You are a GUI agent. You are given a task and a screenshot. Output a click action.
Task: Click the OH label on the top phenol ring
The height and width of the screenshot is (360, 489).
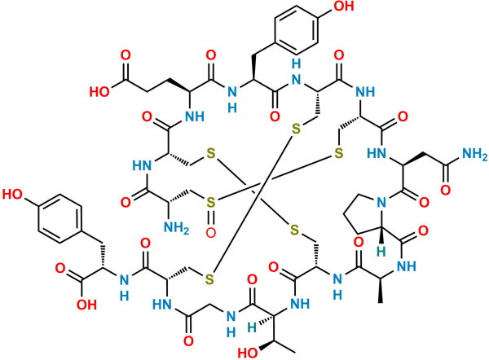tap(344, 6)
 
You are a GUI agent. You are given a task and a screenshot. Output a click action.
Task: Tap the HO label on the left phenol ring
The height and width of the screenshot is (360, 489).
tap(13, 194)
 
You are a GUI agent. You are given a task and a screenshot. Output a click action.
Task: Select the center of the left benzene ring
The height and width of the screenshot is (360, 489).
tap(60, 219)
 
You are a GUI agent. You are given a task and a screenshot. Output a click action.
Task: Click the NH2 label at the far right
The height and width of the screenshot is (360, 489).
tap(474, 154)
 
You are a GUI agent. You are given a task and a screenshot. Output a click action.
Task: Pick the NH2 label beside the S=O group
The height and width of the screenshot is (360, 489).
tap(177, 228)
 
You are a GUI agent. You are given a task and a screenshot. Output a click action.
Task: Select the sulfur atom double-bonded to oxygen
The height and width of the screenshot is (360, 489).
tap(211, 203)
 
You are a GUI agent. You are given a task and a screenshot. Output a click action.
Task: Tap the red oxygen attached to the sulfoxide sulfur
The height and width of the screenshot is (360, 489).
tap(211, 232)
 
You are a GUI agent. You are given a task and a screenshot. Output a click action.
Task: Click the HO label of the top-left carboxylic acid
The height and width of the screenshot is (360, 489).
tap(99, 92)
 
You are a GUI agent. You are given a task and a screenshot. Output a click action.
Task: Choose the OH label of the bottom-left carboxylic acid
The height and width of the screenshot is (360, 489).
tap(86, 305)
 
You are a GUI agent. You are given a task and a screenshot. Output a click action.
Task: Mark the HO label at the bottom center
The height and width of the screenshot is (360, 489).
tap(248, 353)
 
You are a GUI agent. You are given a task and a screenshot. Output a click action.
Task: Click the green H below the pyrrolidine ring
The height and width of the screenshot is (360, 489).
tap(381, 252)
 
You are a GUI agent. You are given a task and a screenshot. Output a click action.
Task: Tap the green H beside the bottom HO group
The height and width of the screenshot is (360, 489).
tap(252, 327)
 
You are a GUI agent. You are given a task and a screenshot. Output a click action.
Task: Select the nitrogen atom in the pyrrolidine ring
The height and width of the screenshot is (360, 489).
tap(381, 203)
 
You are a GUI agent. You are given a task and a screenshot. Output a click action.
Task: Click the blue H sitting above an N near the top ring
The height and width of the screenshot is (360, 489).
tap(297, 64)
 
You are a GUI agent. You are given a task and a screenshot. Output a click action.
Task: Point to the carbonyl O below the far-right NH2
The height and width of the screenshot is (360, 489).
tap(445, 190)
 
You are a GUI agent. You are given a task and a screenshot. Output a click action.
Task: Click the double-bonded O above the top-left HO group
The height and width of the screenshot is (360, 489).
tap(126, 55)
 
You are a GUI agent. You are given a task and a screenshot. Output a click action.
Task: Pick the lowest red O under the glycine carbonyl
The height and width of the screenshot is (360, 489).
tap(188, 340)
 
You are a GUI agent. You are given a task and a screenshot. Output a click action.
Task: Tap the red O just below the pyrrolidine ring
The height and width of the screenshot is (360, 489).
tap(359, 242)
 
